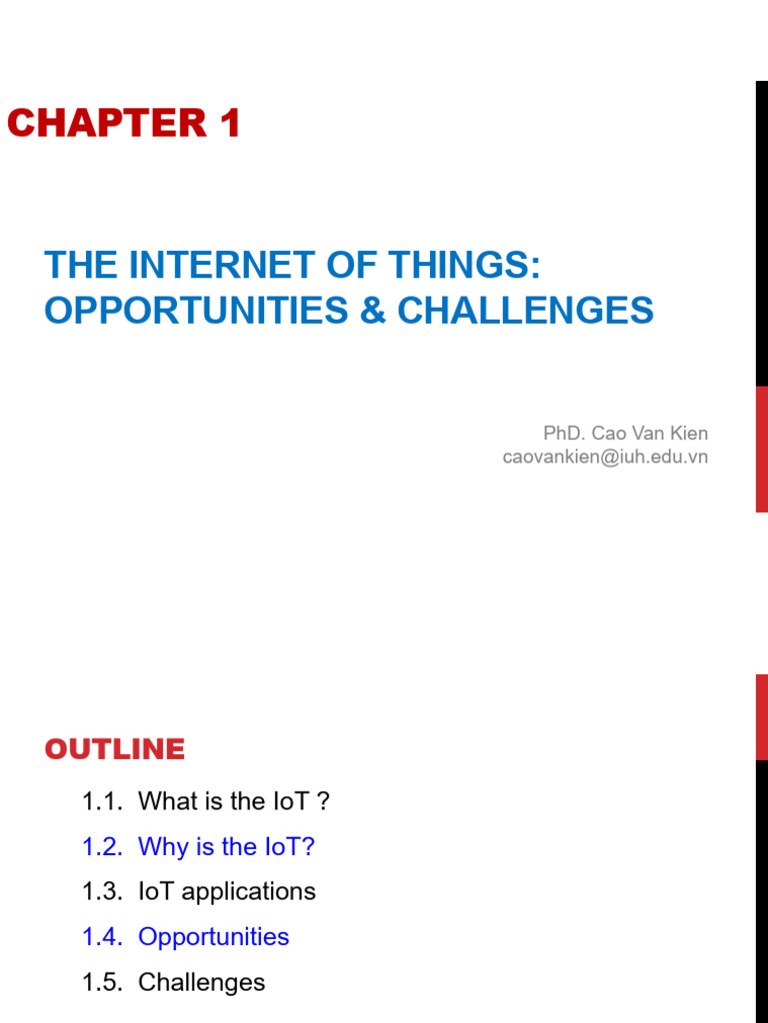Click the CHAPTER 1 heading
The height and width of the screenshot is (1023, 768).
pyautogui.click(x=123, y=124)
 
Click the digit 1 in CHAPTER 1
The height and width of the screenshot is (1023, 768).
pyautogui.click(x=229, y=124)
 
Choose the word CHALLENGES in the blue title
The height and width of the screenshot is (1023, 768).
pyautogui.click(x=526, y=311)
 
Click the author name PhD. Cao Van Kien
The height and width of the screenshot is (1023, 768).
pyautogui.click(x=625, y=434)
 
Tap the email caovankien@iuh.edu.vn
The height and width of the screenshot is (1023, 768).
pyautogui.click(x=605, y=457)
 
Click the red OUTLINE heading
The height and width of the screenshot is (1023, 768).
pyautogui.click(x=115, y=749)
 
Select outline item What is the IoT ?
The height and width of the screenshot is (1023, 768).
pyautogui.click(x=234, y=801)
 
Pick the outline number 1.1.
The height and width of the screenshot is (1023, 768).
pyautogui.click(x=102, y=801)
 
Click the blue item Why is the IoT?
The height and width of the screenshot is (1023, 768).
pyautogui.click(x=226, y=847)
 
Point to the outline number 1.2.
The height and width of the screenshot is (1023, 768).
pyautogui.click(x=102, y=847)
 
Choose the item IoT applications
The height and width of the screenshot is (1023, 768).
pyautogui.click(x=227, y=892)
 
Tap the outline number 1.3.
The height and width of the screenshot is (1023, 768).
pyautogui.click(x=102, y=892)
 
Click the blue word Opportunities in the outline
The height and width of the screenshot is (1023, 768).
pyautogui.click(x=214, y=937)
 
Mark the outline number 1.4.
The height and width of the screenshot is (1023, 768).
pyautogui.click(x=102, y=937)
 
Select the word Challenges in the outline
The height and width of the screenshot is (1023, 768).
pyautogui.click(x=202, y=982)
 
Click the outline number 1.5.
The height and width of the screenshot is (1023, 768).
pyautogui.click(x=102, y=982)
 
